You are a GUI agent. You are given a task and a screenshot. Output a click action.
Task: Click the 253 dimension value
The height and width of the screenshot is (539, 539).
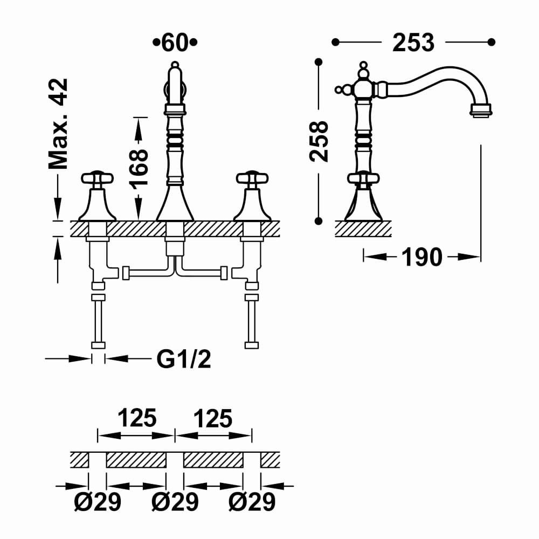pos(413,43)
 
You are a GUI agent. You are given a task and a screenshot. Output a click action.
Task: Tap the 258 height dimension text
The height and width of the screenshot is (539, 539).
pos(319,141)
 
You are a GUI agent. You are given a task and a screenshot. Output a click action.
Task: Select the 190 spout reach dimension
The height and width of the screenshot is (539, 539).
pos(421,257)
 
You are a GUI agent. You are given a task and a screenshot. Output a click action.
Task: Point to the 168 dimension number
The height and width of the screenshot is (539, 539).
pos(139,168)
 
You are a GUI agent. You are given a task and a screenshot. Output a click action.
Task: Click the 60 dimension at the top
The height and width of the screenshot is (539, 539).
pos(175,43)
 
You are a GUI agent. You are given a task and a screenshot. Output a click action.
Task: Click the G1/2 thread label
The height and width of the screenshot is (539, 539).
pos(184,358)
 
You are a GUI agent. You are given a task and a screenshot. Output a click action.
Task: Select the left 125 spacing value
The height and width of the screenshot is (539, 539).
pos(136,418)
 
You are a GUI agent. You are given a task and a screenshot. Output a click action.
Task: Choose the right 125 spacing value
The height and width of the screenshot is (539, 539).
pos(212,418)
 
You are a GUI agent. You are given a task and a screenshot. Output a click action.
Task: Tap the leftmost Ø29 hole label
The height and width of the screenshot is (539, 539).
pos(98,502)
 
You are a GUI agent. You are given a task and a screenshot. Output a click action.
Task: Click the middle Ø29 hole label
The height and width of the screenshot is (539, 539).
pos(175,502)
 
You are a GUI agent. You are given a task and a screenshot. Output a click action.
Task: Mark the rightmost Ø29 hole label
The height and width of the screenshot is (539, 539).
pos(252,502)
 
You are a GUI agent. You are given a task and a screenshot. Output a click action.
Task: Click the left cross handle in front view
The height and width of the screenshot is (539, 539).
pos(97,178)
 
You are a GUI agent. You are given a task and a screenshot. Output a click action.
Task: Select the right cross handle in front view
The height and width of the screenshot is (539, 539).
pos(252,178)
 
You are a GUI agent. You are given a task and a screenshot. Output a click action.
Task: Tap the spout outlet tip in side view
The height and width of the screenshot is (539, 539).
pos(481,111)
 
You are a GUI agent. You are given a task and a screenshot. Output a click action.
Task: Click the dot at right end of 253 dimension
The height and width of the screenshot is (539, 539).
pos(490,42)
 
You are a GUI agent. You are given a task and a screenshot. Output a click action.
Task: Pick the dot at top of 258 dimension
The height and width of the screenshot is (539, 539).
pos(319,62)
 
